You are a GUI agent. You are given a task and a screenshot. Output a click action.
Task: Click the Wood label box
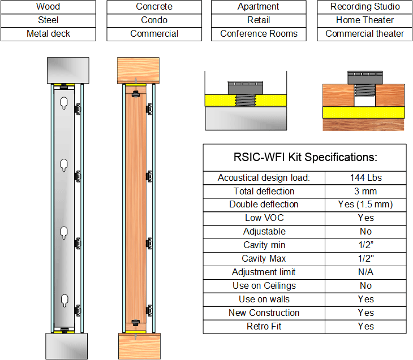click(x=48, y=7)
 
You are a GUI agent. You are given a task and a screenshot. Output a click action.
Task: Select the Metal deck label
click(x=48, y=34)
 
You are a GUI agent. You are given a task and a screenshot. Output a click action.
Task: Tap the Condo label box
click(x=154, y=20)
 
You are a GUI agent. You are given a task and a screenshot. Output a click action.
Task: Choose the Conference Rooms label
click(x=259, y=34)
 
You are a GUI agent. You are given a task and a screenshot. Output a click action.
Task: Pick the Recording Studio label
click(x=365, y=7)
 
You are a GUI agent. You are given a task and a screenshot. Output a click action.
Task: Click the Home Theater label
click(x=365, y=20)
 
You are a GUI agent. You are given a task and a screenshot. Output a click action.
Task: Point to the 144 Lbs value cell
click(x=365, y=177)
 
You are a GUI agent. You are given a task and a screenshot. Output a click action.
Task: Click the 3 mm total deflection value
click(x=365, y=191)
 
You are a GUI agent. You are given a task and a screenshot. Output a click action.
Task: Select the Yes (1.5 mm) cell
click(x=365, y=205)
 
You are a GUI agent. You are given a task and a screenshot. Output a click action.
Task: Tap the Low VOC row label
click(x=264, y=218)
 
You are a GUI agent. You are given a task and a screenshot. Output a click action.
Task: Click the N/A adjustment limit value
click(x=365, y=272)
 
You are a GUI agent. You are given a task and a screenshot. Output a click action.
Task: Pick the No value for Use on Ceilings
click(x=365, y=286)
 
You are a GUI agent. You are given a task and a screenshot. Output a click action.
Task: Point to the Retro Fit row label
click(x=264, y=327)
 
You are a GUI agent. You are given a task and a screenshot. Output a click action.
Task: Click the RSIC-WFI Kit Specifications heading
click(x=304, y=157)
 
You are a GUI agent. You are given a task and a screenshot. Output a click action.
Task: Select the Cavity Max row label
click(x=264, y=259)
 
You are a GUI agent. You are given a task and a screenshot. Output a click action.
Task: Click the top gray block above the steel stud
click(x=67, y=70)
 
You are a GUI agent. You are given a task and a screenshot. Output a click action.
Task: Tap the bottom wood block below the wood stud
click(x=139, y=345)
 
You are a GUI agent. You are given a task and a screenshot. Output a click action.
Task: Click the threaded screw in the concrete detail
click(x=246, y=101)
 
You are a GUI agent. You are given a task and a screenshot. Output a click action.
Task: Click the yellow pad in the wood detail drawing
click(x=363, y=112)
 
